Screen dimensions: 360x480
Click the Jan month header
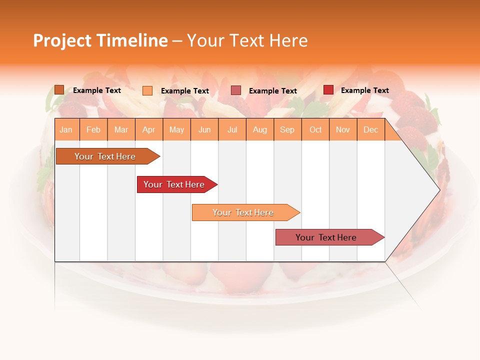66,130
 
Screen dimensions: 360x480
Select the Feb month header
93,130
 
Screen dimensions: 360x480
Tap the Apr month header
149,130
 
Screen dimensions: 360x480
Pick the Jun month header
204,130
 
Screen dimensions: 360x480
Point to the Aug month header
260,130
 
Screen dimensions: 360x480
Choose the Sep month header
287,130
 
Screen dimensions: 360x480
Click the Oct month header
315,130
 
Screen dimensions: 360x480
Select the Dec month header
371,130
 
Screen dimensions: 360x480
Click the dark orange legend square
59,90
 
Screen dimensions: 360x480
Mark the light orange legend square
147,90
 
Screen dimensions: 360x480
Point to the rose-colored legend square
236,90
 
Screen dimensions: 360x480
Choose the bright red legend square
328,90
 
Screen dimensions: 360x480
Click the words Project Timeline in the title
100,40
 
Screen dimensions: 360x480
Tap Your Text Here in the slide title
247,40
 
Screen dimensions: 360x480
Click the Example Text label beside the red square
364,90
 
